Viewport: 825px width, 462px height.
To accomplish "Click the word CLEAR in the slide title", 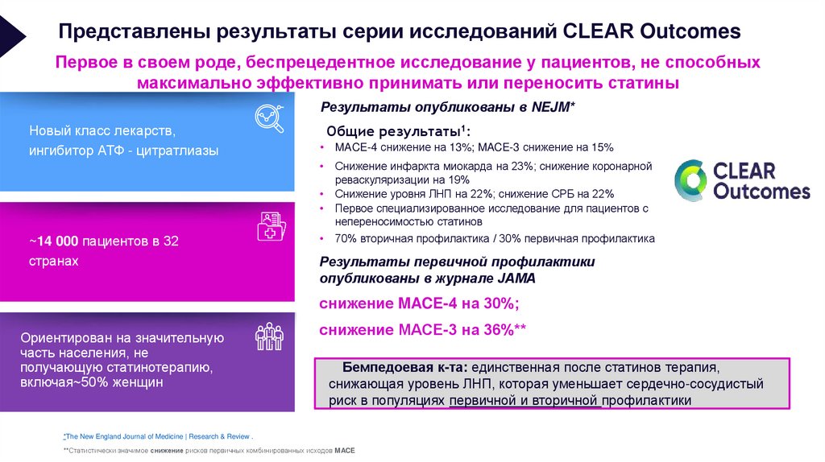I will (595, 32).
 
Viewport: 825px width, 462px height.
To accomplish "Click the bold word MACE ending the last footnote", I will (344, 450).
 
